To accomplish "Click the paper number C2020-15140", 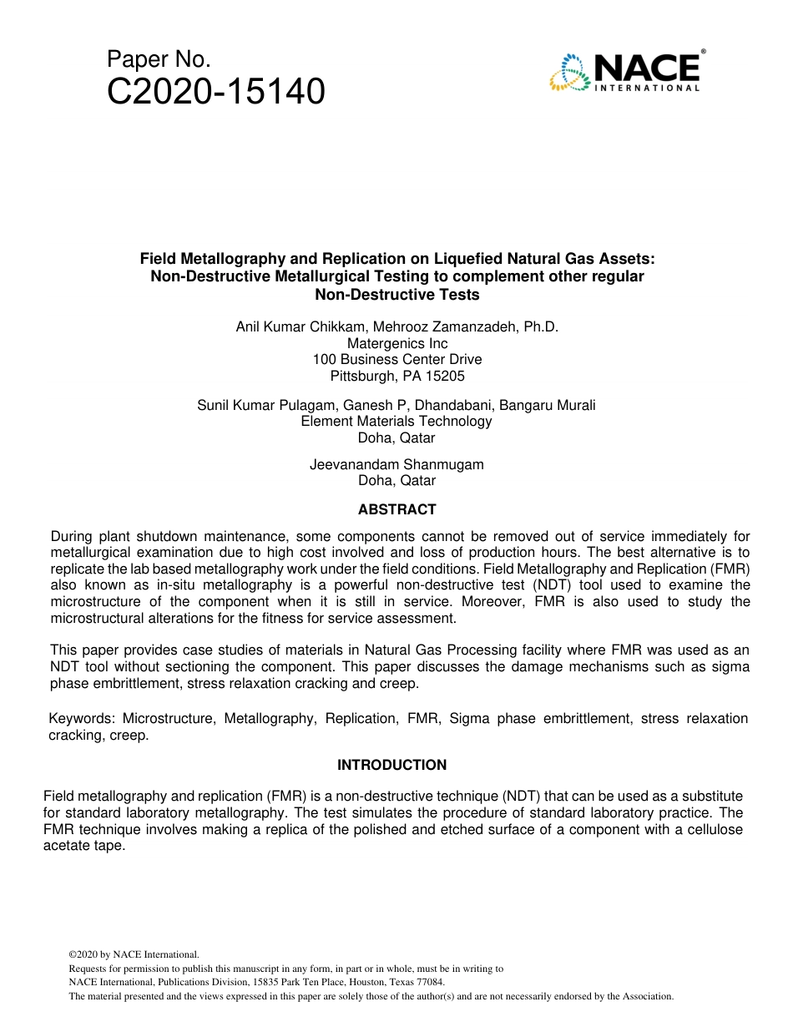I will point(215,92).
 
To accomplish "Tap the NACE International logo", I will point(626,71).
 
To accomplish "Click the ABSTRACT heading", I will point(396,509).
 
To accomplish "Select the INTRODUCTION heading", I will point(391,765).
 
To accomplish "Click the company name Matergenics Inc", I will point(397,343).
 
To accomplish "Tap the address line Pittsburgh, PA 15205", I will point(397,376).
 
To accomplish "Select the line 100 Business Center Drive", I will point(397,360).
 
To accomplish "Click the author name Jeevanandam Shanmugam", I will point(396,464).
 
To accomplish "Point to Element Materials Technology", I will point(396,421).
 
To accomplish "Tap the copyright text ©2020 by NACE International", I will point(134,954).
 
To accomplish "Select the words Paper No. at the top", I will point(159,60).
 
